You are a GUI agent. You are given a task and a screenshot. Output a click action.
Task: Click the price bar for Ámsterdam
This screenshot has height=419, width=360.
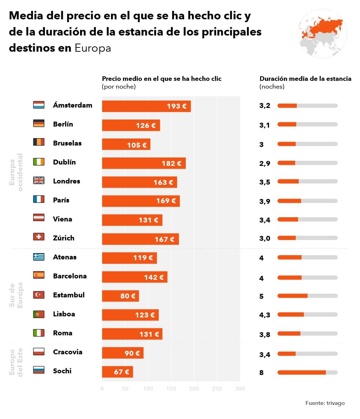coord(146,106)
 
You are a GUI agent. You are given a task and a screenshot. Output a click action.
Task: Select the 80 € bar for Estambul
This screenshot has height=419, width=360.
coord(120,296)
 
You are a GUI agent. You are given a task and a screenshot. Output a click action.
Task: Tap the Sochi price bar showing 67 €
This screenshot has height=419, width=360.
coord(117,372)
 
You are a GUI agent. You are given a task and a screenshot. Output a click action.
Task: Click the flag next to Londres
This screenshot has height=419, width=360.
coord(39,181)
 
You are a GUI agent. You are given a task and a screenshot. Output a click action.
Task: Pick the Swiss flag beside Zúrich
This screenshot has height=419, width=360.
coord(39,237)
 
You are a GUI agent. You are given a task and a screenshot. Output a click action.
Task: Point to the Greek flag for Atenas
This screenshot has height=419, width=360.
coord(39,257)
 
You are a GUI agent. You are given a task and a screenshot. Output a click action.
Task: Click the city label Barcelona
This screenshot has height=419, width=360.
coord(70,276)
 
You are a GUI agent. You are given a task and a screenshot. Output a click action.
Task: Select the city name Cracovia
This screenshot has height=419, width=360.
coord(67,352)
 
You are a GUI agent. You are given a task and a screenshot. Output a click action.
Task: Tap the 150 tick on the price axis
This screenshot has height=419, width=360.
coord(171,388)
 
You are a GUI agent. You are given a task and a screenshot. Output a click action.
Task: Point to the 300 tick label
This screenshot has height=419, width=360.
coord(240,388)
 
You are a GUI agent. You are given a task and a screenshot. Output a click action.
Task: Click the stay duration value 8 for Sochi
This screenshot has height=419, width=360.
coord(261,373)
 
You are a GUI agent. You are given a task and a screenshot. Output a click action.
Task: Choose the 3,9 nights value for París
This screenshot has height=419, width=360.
coord(264,201)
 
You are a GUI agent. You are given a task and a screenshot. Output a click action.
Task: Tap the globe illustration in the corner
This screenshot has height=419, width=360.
coord(322,34)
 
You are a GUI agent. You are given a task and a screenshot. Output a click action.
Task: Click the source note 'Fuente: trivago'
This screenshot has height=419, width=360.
coord(325,403)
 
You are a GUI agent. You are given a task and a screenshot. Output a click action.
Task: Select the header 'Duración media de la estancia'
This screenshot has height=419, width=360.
coord(305,79)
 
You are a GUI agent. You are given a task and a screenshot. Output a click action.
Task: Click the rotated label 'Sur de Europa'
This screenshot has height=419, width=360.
coord(16,295)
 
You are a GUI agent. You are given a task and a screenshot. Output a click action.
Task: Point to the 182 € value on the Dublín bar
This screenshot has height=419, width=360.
coord(171,163)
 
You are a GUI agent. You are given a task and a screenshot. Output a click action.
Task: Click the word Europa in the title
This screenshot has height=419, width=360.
coord(93,48)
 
